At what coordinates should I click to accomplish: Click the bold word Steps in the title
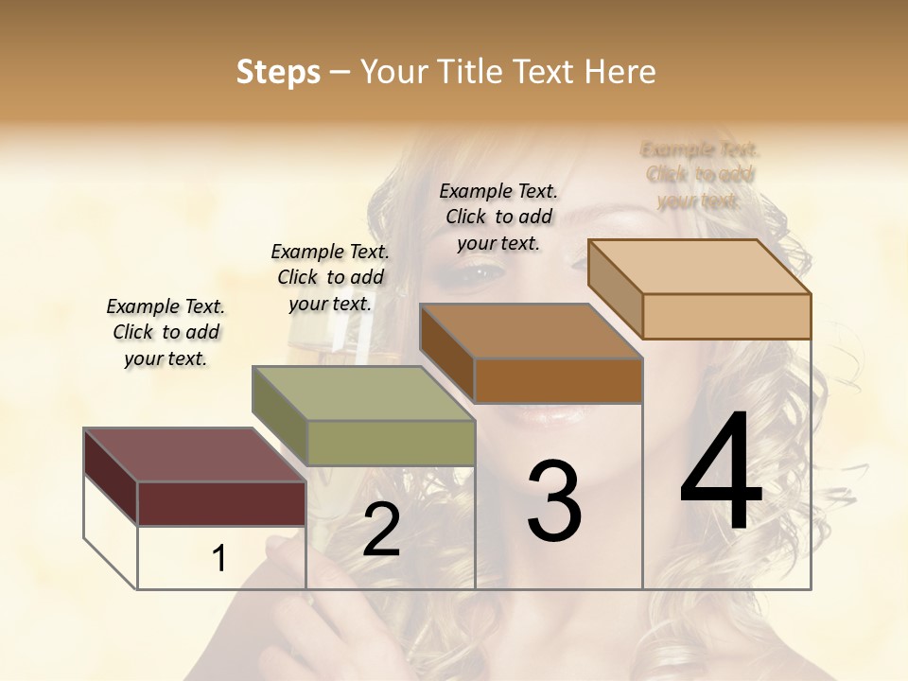pyautogui.click(x=278, y=72)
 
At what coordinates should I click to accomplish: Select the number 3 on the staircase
pyautogui.click(x=554, y=501)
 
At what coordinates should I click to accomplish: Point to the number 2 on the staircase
pyautogui.click(x=381, y=530)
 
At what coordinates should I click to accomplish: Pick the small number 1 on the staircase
pyautogui.click(x=218, y=558)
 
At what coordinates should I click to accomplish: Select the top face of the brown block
pyautogui.click(x=531, y=331)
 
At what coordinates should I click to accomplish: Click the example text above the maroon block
pyautogui.click(x=166, y=333)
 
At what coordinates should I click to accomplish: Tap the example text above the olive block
pyautogui.click(x=330, y=277)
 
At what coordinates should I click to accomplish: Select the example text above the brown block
pyautogui.click(x=498, y=217)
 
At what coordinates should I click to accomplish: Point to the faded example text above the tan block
pyautogui.click(x=700, y=174)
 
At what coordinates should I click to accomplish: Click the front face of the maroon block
pyautogui.click(x=221, y=503)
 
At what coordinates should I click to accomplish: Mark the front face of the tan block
pyautogui.click(x=726, y=316)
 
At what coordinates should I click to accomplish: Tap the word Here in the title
pyautogui.click(x=620, y=72)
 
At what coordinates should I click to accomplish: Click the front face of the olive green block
pyautogui.click(x=391, y=443)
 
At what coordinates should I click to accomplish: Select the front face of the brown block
pyautogui.click(x=558, y=380)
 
